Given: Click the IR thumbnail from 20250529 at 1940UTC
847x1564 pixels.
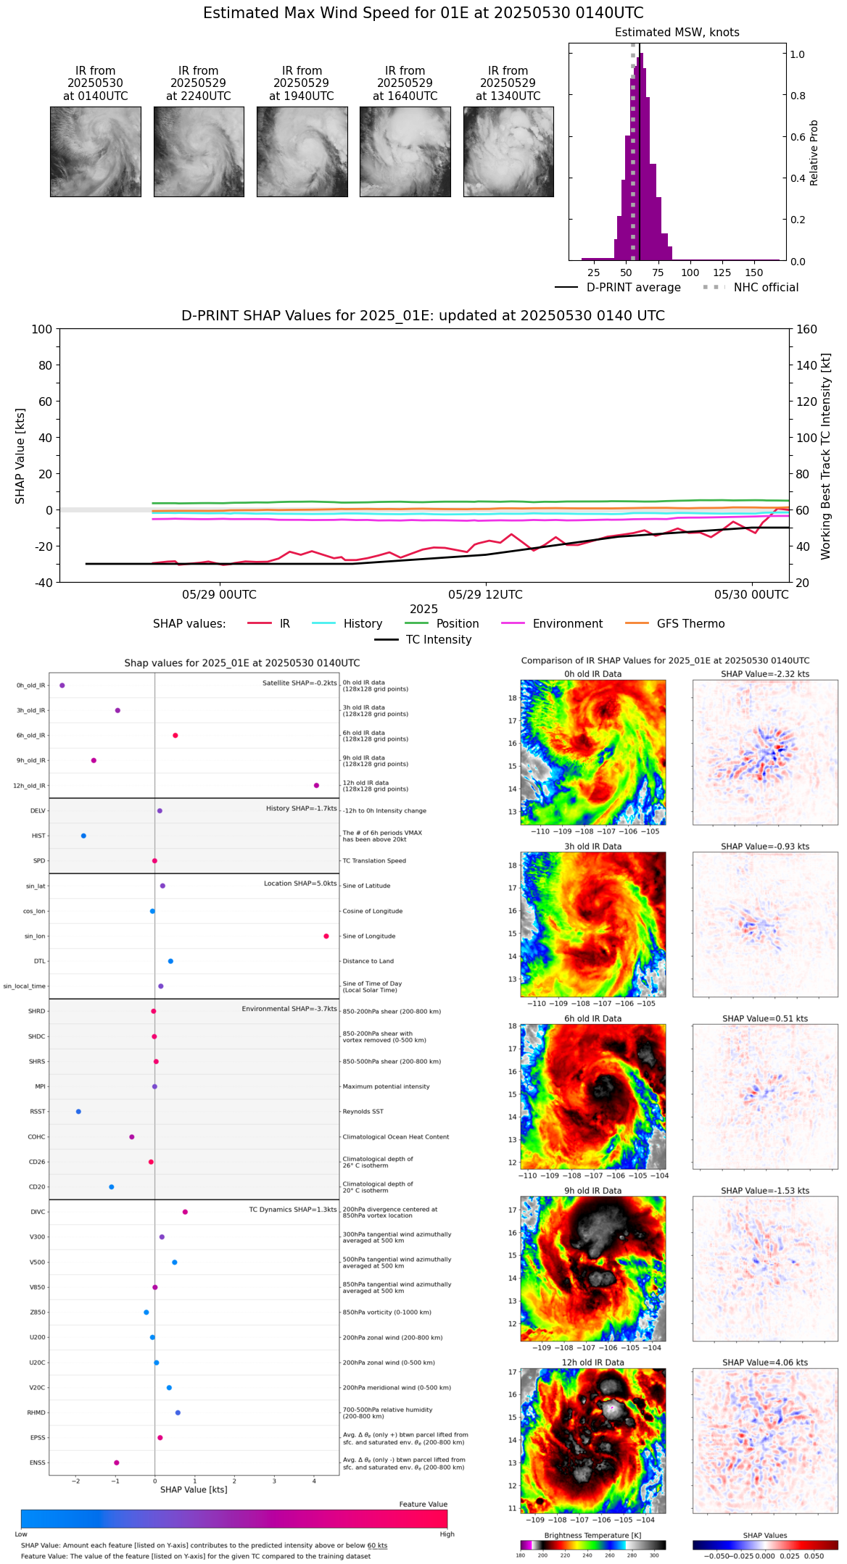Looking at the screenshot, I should (302, 151).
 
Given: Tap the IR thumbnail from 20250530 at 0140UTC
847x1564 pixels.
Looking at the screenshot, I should (95, 151).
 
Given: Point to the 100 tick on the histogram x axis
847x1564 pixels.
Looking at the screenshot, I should (690, 273).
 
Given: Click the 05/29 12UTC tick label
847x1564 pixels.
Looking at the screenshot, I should (485, 595).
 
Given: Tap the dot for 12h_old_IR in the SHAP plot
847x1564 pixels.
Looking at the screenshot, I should (316, 786).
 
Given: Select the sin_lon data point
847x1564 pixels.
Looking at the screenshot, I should (326, 936).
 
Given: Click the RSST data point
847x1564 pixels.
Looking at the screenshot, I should (78, 1112).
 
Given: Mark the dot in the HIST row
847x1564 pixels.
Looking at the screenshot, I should (83, 836).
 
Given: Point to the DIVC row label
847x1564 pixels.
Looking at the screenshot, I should (38, 1212).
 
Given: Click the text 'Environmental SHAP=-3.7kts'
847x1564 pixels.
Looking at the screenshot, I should (289, 1009).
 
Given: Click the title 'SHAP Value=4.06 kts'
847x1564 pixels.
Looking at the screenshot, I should (765, 1363).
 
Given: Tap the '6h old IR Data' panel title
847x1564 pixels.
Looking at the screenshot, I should (592, 1019).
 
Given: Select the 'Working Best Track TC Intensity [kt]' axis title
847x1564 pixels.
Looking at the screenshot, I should (825, 457).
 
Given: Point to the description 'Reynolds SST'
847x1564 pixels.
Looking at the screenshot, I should (363, 1112).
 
